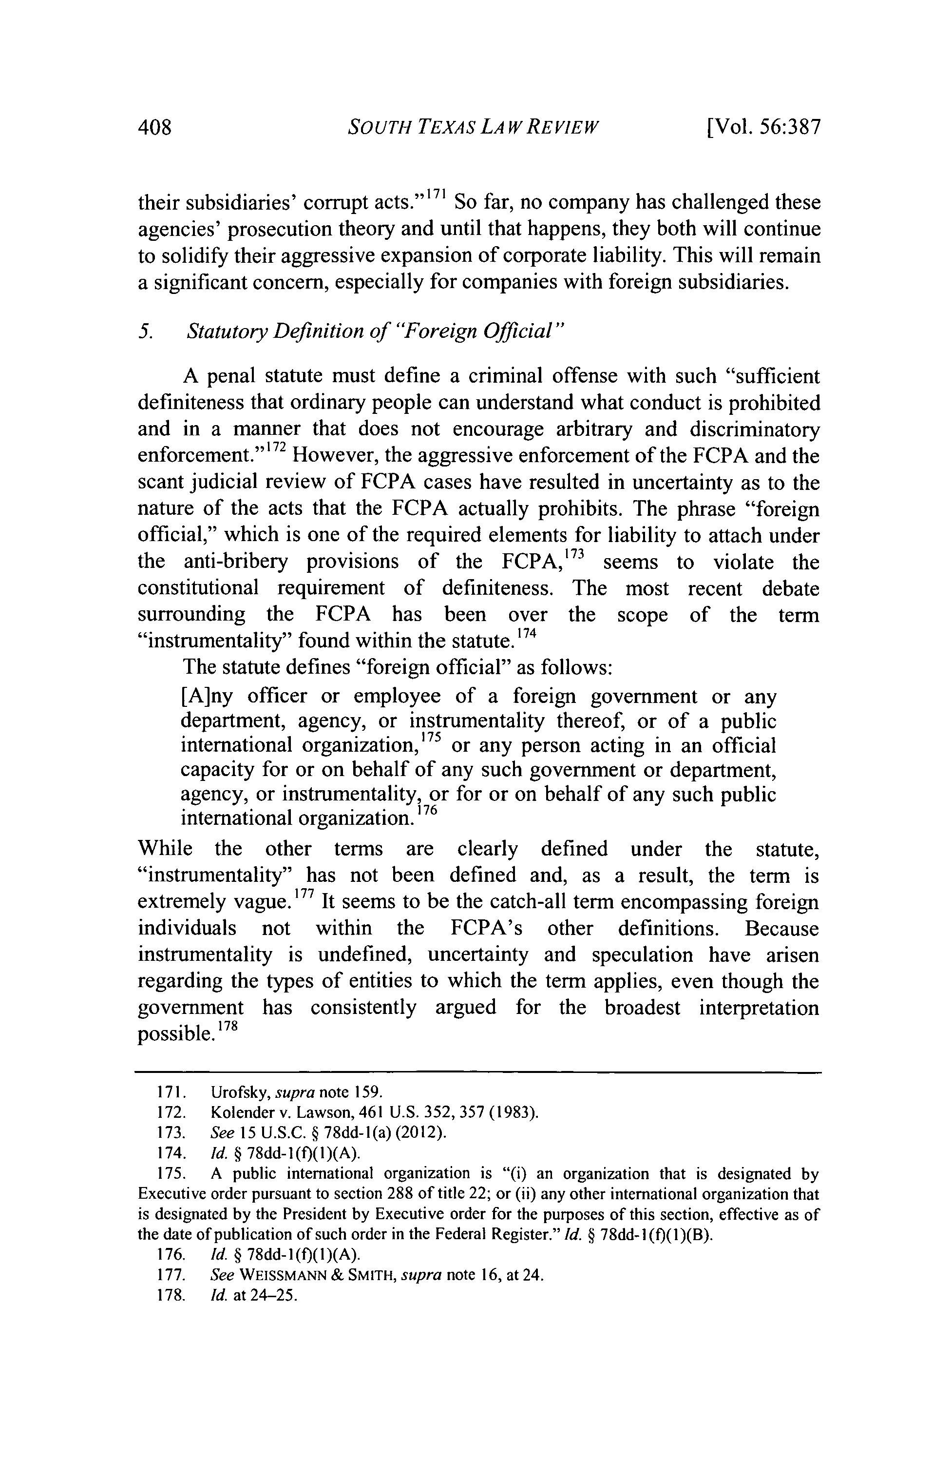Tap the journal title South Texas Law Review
472,128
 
